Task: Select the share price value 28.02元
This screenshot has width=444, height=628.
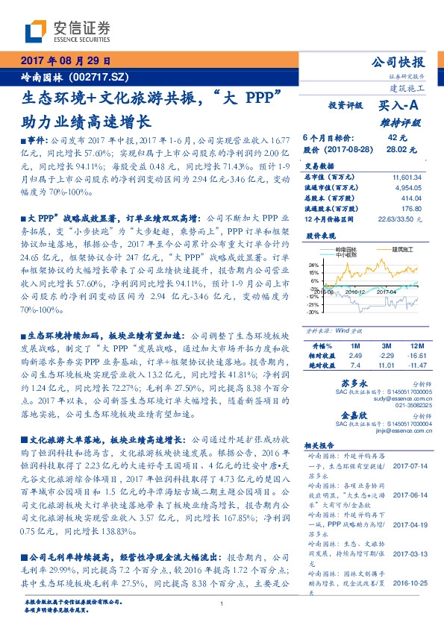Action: [x=396, y=149]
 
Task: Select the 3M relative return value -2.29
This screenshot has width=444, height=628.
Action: [x=386, y=357]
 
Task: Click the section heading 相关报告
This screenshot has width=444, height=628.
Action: [x=320, y=444]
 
